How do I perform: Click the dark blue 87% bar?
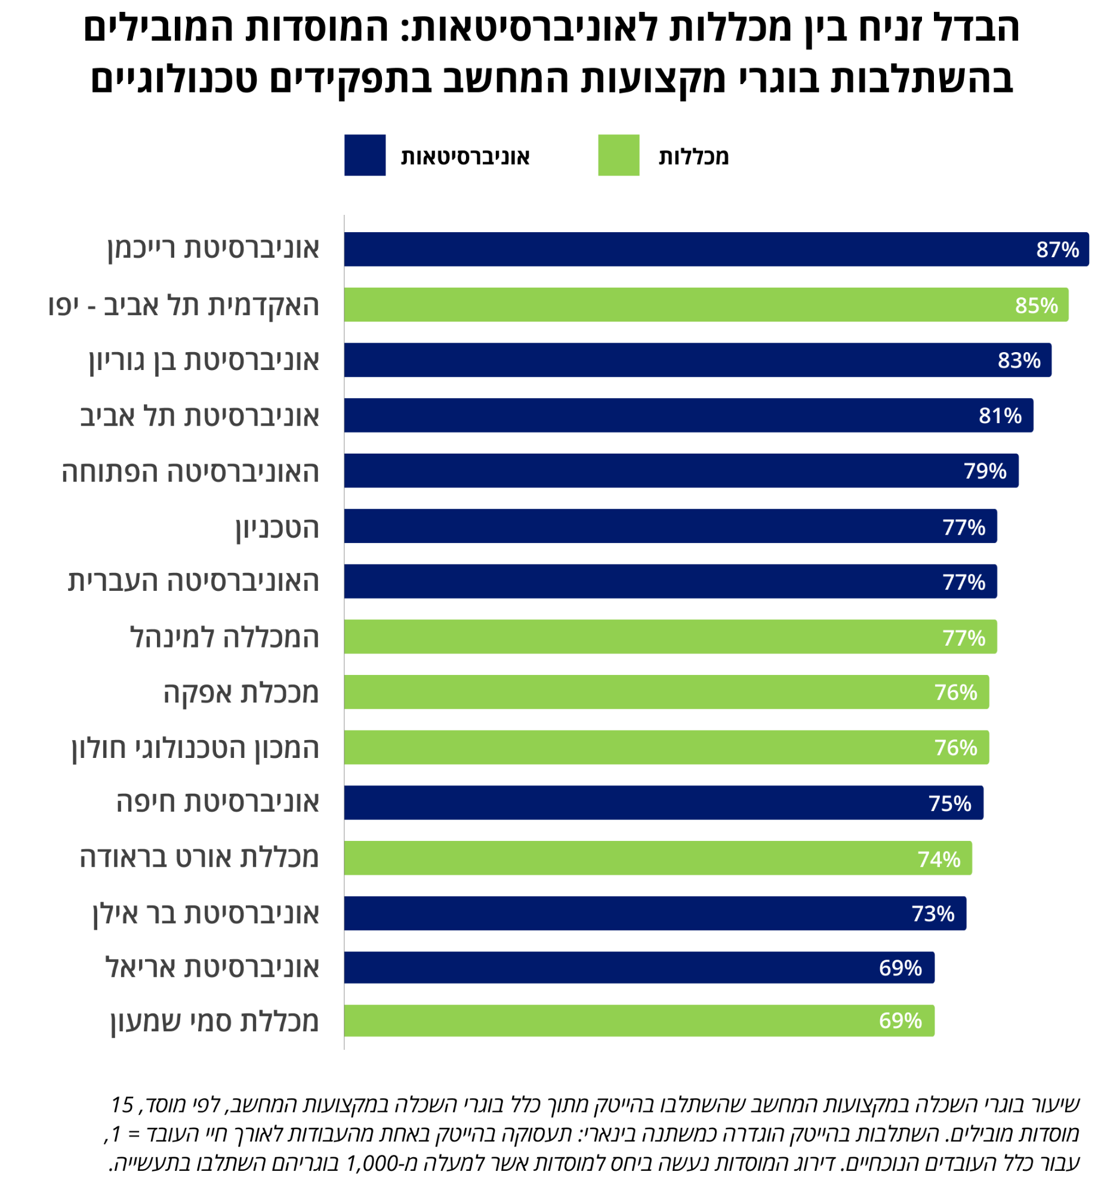tap(687, 249)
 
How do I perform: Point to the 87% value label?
tap(1057, 249)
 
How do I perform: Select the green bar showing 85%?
tap(675, 305)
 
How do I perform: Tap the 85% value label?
tap(1037, 306)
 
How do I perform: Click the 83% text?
tap(1019, 360)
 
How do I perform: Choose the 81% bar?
tap(657, 415)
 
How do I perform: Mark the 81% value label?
tap(1000, 416)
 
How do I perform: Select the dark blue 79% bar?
tap(651, 471)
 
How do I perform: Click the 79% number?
tap(985, 471)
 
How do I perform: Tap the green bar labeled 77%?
tap(639, 637)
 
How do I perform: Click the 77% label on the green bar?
tap(964, 638)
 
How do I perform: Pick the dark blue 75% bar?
tap(633, 803)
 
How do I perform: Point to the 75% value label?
tap(950, 803)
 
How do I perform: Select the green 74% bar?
tap(627, 858)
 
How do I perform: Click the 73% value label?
tap(933, 914)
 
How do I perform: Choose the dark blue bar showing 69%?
tap(609, 968)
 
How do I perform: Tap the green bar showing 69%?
tap(609, 1021)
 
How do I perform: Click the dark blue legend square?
tap(365, 155)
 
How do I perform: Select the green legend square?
tap(618, 155)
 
